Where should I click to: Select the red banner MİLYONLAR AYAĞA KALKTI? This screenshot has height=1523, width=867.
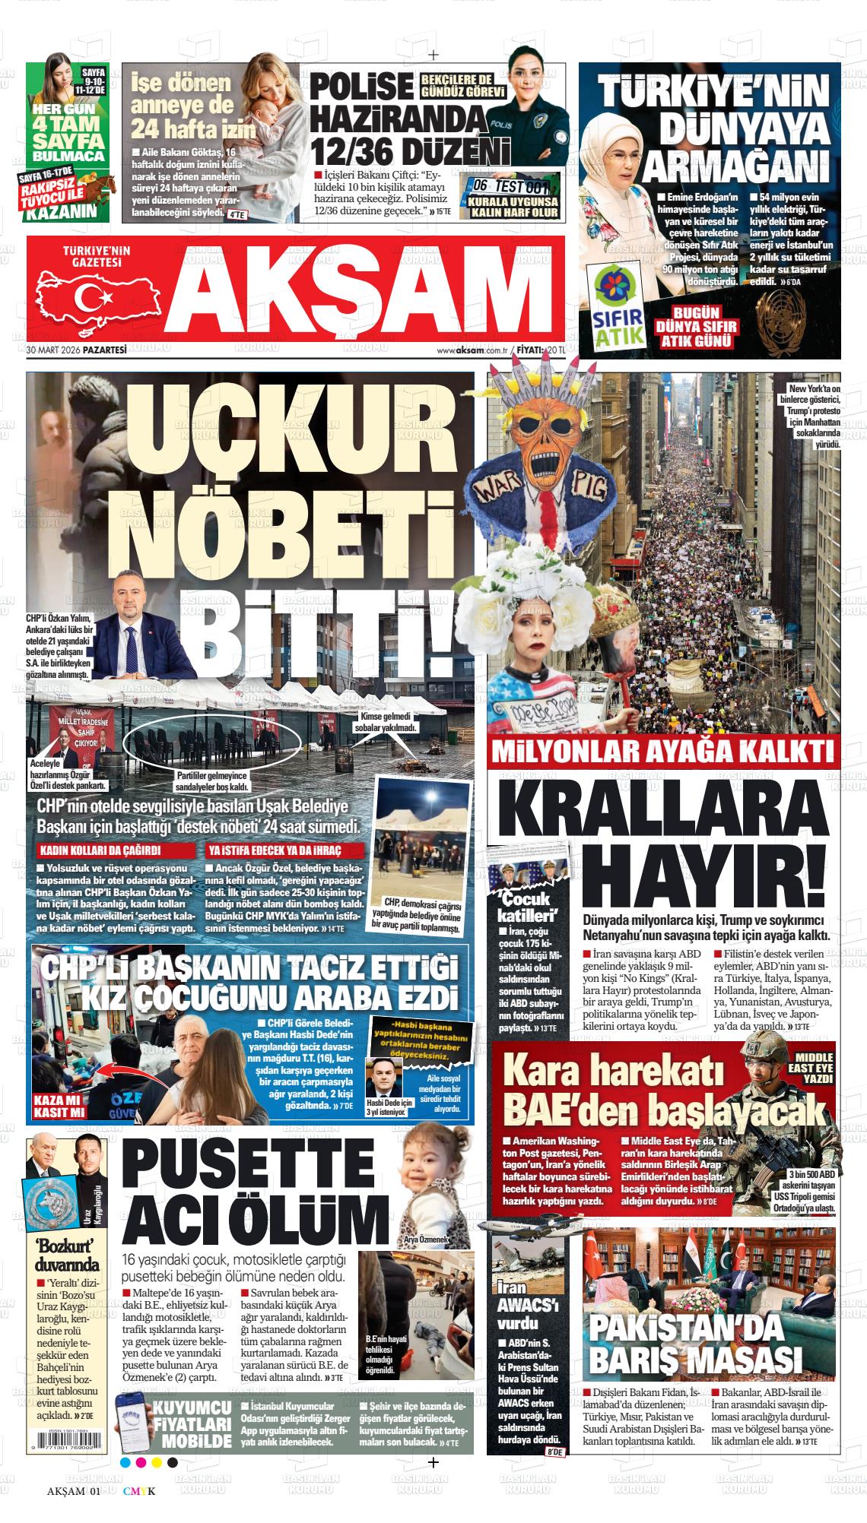pos(662,752)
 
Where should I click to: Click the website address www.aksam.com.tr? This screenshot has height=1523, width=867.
pos(472,350)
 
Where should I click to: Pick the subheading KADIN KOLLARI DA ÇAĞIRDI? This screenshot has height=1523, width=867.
pos(105,850)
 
